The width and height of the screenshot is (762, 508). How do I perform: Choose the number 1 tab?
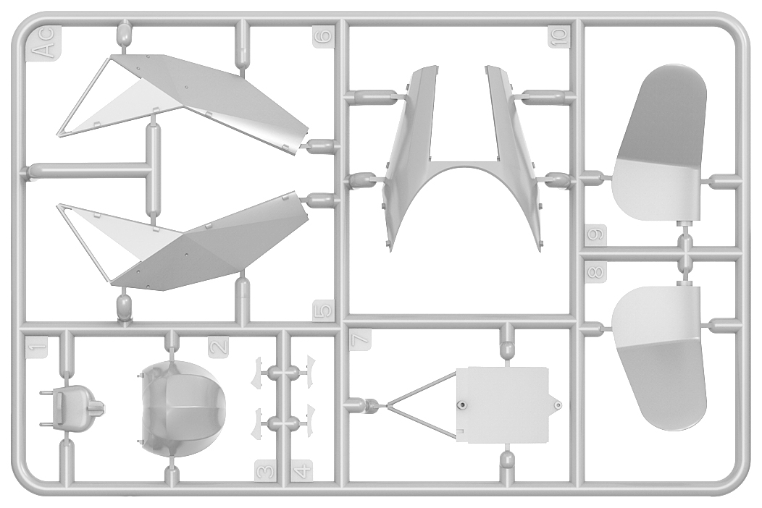[x=38, y=347]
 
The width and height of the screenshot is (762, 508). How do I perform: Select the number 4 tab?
[x=302, y=472]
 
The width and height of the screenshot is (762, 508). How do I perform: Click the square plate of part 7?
[x=503, y=405]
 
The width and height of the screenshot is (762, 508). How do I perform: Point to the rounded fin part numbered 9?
[x=658, y=145]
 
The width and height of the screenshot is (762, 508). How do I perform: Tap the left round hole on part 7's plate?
[x=462, y=405]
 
